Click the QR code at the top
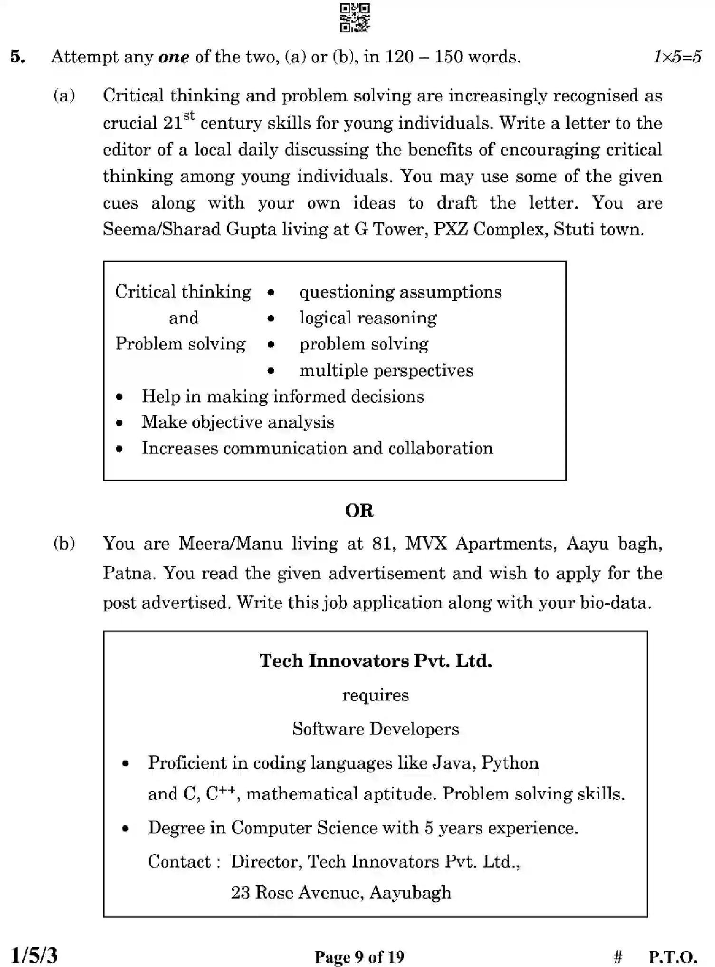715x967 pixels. click(x=355, y=18)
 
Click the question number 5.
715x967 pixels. click(x=18, y=57)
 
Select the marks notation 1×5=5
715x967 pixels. click(x=677, y=57)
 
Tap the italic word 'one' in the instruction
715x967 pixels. click(x=173, y=58)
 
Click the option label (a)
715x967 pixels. click(x=64, y=96)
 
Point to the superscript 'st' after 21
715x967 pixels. click(x=189, y=116)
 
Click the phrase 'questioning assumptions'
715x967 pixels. click(x=400, y=291)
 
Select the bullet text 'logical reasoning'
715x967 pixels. click(x=368, y=318)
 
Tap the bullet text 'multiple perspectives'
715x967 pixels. click(x=386, y=370)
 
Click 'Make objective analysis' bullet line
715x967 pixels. click(x=238, y=422)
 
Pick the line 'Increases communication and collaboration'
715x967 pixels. click(x=317, y=448)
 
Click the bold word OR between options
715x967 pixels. click(x=359, y=511)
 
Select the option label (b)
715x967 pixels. click(x=64, y=543)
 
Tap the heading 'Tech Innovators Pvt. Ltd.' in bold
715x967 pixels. click(x=375, y=661)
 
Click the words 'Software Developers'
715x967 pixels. click(x=375, y=729)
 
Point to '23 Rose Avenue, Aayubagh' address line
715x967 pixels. click(x=341, y=892)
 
